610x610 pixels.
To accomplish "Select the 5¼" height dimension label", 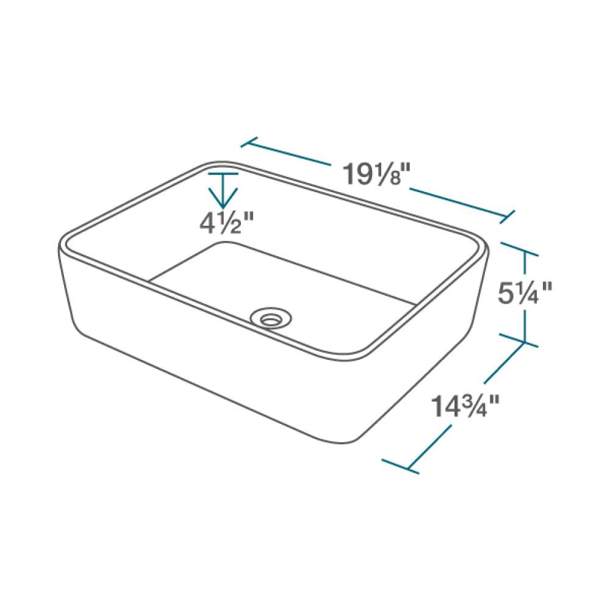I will (524, 295).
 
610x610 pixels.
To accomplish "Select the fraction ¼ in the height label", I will (531, 295).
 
